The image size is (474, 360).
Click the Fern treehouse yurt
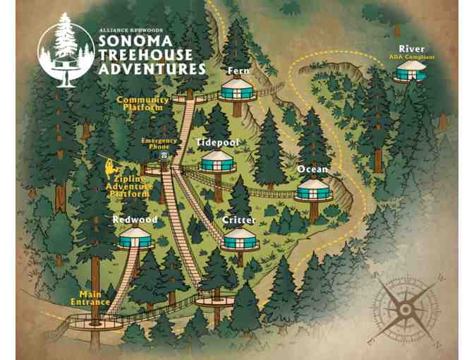click(x=236, y=89)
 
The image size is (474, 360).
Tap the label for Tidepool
click(x=217, y=143)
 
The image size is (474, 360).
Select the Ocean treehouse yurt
click(x=312, y=189)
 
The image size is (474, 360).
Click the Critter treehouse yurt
click(x=240, y=239)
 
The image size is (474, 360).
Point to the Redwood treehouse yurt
click(x=134, y=238)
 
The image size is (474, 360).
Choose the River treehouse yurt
click(x=411, y=70)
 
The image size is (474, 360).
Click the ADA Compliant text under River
click(x=411, y=57)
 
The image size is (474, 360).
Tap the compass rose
click(x=405, y=308)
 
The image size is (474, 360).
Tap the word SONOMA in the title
click(x=135, y=42)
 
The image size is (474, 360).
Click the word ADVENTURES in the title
click(x=152, y=69)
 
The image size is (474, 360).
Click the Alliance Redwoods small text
click(x=130, y=30)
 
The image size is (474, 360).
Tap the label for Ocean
click(x=312, y=169)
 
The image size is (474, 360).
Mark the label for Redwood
click(x=135, y=220)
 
